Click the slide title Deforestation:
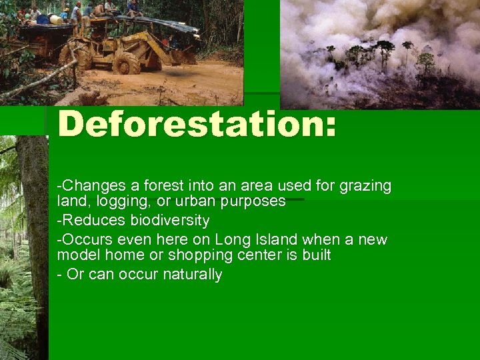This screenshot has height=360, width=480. point(197,125)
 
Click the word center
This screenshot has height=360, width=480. point(271,255)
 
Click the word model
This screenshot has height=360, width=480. point(76,255)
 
